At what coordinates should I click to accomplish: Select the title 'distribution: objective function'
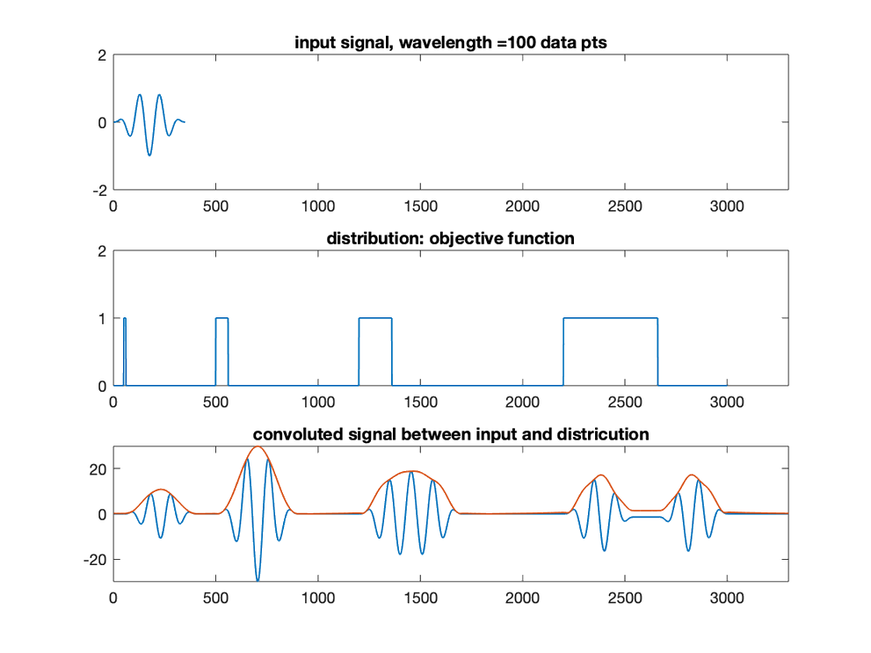tap(449, 239)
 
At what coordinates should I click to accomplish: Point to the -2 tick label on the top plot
tap(98, 190)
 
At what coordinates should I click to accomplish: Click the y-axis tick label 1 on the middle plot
tap(102, 318)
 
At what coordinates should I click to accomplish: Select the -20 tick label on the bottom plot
tap(95, 560)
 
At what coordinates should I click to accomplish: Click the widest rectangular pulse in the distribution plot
tap(610, 318)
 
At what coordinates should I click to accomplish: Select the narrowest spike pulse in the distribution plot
tap(125, 319)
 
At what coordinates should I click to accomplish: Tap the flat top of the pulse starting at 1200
tap(375, 318)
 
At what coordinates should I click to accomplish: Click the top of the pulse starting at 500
tap(221, 318)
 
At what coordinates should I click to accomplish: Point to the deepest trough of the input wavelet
tap(149, 155)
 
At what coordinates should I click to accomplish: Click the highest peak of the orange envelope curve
tap(258, 446)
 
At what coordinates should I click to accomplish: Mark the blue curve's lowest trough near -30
tap(258, 580)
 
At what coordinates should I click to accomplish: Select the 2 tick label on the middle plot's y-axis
tap(102, 250)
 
